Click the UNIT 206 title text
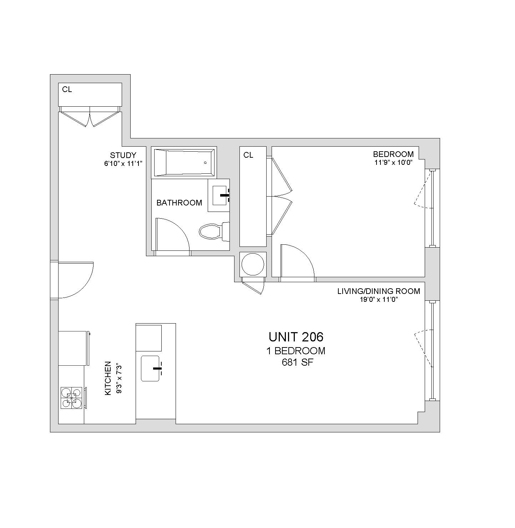coord(296,337)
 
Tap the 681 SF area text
coord(298,362)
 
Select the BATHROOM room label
coord(179,203)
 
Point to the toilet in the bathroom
coord(214,232)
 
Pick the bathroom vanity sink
coord(219,196)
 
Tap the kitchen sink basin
coord(150,369)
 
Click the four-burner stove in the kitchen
coord(71,398)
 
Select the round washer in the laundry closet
coord(253,264)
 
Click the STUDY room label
coord(123,155)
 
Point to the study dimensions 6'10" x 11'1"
coord(123,163)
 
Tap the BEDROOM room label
coord(393,154)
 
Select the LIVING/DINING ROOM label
coord(379,291)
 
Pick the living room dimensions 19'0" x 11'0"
coord(379,299)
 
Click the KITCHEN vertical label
coord(108,378)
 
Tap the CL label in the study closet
coord(67,90)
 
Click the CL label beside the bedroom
coord(248,155)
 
